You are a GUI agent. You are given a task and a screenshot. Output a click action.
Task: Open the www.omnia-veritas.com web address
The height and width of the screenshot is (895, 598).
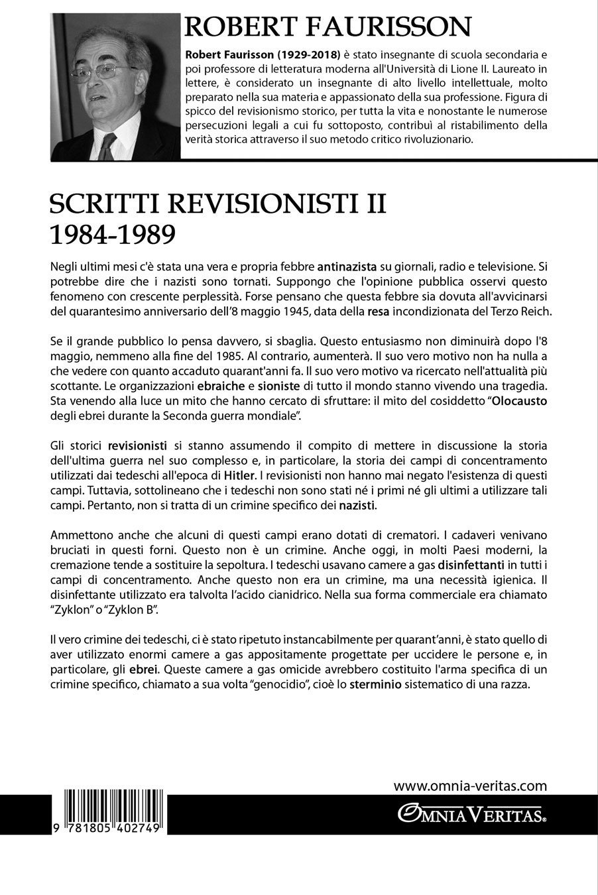(x=470, y=786)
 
